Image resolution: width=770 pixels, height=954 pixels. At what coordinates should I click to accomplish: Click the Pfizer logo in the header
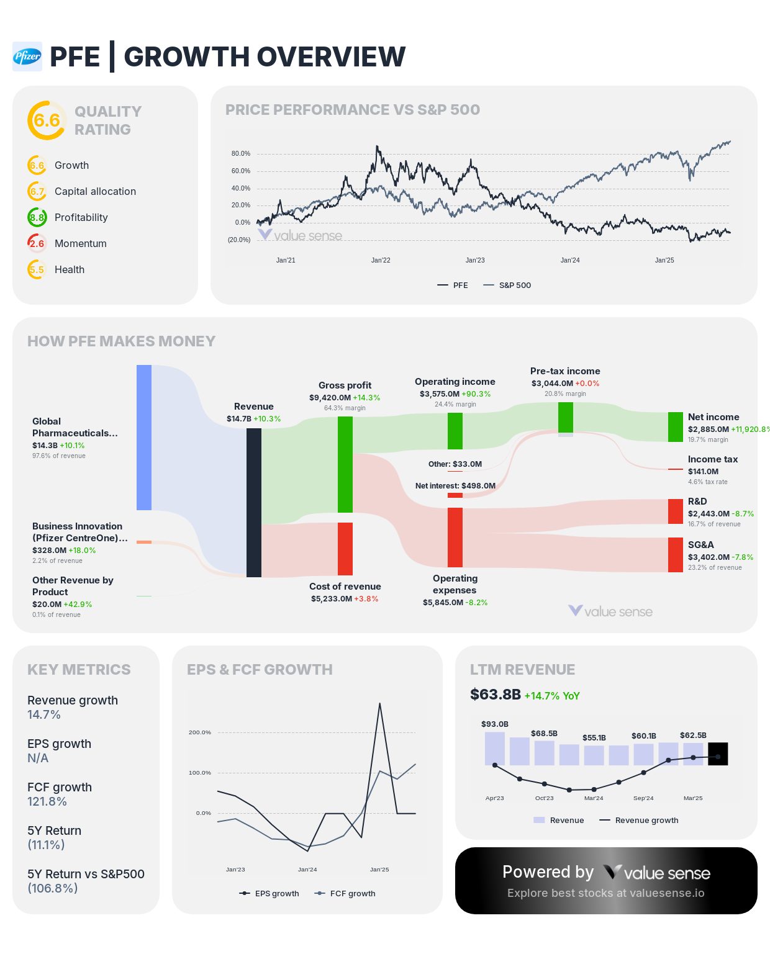[27, 56]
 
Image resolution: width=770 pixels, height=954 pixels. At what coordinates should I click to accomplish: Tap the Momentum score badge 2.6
[37, 243]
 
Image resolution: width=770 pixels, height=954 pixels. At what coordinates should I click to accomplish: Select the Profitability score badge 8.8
[37, 217]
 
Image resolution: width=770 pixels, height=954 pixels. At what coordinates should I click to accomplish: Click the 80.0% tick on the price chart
[241, 153]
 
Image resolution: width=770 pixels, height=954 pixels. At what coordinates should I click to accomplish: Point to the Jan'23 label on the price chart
[475, 260]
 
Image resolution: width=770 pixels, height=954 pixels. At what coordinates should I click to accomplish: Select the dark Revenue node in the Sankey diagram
[254, 503]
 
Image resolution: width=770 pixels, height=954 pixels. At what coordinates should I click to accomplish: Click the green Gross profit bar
[345, 464]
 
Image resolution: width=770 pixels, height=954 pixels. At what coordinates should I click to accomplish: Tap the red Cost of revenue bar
[345, 549]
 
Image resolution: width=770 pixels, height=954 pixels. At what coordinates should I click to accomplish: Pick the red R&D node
[676, 511]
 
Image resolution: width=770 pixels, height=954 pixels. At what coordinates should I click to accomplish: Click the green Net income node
[676, 427]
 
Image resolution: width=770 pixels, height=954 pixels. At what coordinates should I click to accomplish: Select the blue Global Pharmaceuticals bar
[144, 438]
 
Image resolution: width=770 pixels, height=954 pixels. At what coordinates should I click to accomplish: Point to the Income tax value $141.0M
[703, 472]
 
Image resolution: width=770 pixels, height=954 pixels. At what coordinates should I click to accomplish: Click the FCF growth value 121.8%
[47, 801]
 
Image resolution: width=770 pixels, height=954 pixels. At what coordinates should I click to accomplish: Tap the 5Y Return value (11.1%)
[46, 845]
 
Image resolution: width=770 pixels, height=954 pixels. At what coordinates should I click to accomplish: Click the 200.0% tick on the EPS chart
[200, 732]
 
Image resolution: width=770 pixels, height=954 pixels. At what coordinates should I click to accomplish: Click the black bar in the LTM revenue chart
[718, 754]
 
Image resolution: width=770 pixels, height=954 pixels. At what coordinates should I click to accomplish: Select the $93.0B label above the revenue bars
[495, 724]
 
